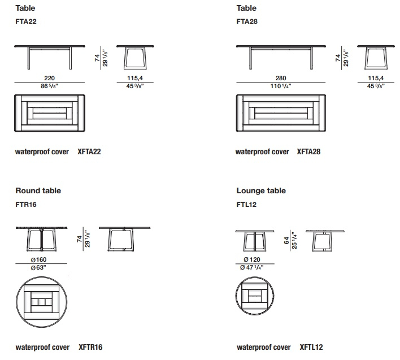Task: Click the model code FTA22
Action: pyautogui.click(x=26, y=21)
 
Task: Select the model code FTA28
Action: pyautogui.click(x=247, y=21)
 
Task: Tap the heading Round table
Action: pyautogui.click(x=38, y=190)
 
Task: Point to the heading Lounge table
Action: pyautogui.click(x=261, y=190)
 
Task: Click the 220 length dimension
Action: pyautogui.click(x=49, y=78)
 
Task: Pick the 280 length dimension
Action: pyautogui.click(x=281, y=78)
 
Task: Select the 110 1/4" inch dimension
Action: pyautogui.click(x=281, y=86)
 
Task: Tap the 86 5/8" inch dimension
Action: pyautogui.click(x=49, y=86)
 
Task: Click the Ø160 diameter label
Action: pyautogui.click(x=38, y=260)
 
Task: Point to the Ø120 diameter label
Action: pyautogui.click(x=252, y=260)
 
